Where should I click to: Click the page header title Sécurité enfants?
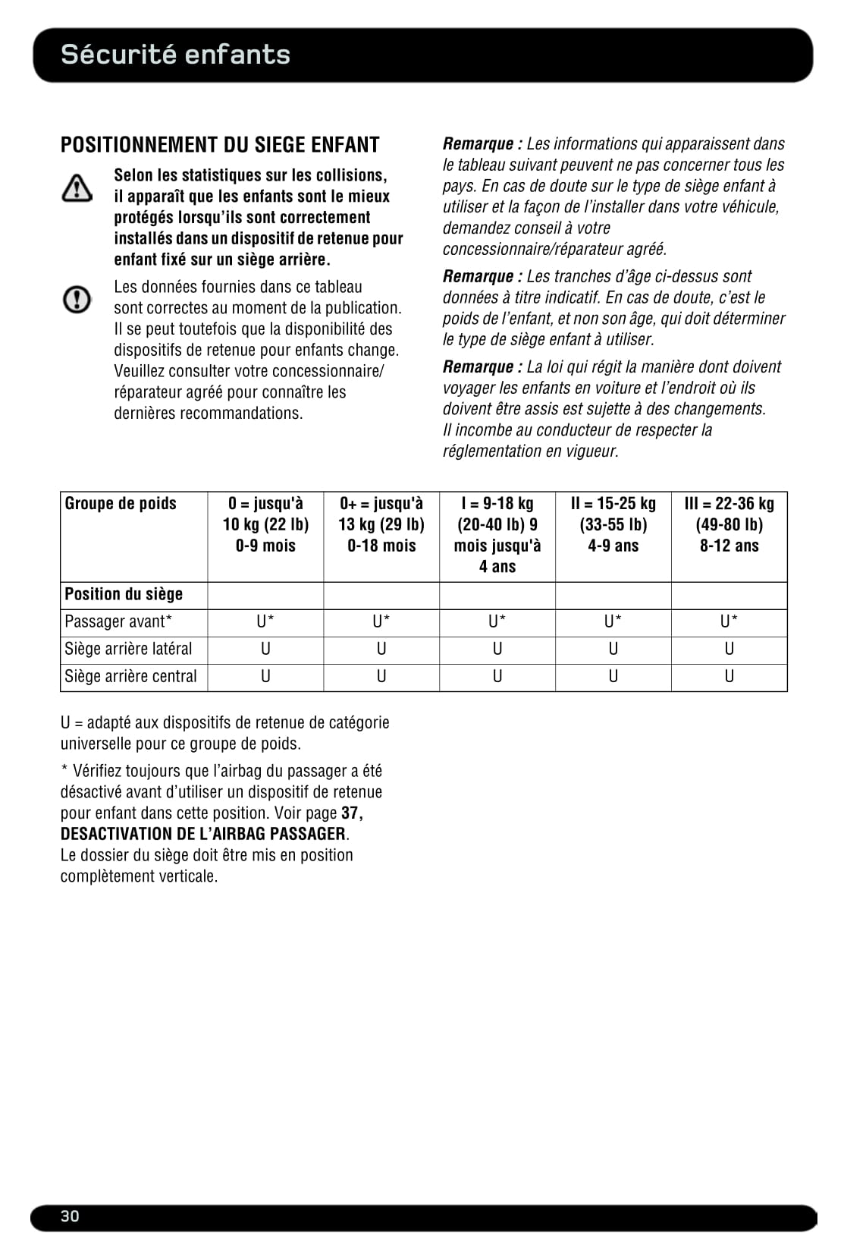click(175, 55)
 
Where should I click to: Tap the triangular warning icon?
click(77, 187)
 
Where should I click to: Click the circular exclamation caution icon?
click(77, 300)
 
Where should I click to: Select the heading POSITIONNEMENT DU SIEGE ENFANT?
click(220, 145)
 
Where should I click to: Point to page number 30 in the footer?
click(70, 1216)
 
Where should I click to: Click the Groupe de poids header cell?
click(121, 504)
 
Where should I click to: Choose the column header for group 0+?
click(381, 524)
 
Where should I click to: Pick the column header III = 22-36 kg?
click(729, 524)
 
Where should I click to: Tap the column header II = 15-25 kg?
click(613, 524)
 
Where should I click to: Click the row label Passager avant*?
click(118, 621)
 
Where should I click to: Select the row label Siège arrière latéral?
click(128, 649)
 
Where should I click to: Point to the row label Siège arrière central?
click(130, 676)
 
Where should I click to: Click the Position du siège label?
click(124, 594)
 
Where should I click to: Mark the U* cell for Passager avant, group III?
click(729, 621)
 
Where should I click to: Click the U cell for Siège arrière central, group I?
click(497, 676)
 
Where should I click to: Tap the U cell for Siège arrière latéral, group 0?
click(265, 649)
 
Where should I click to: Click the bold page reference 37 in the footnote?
click(350, 813)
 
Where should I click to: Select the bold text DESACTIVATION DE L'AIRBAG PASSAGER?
click(203, 834)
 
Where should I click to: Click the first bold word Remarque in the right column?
click(478, 144)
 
